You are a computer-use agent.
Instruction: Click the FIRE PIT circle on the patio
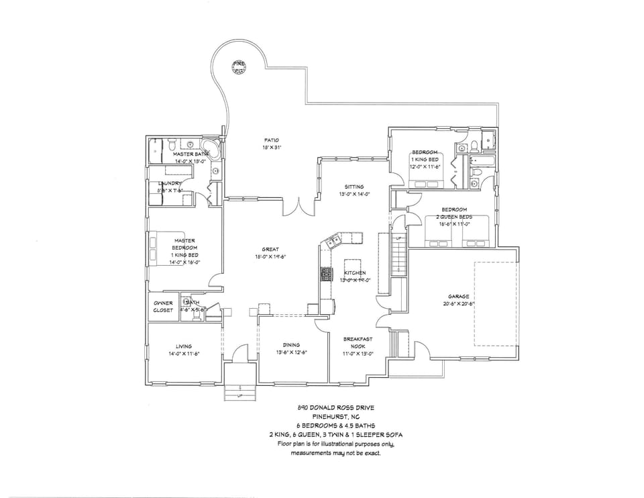point(239,66)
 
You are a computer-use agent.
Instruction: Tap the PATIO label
point(272,140)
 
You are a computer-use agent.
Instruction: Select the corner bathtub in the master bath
point(211,149)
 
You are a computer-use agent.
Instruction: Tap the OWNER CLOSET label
point(163,306)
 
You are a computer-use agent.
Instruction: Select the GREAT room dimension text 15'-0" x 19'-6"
point(270,256)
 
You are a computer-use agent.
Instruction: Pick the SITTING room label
point(354,187)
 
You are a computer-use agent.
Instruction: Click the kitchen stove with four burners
point(327,273)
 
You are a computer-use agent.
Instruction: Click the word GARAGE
point(458,296)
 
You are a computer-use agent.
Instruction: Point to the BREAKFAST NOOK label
point(358,342)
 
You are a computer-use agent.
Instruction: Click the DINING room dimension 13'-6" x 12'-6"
point(291,352)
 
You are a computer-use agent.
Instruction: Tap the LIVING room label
point(184,346)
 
